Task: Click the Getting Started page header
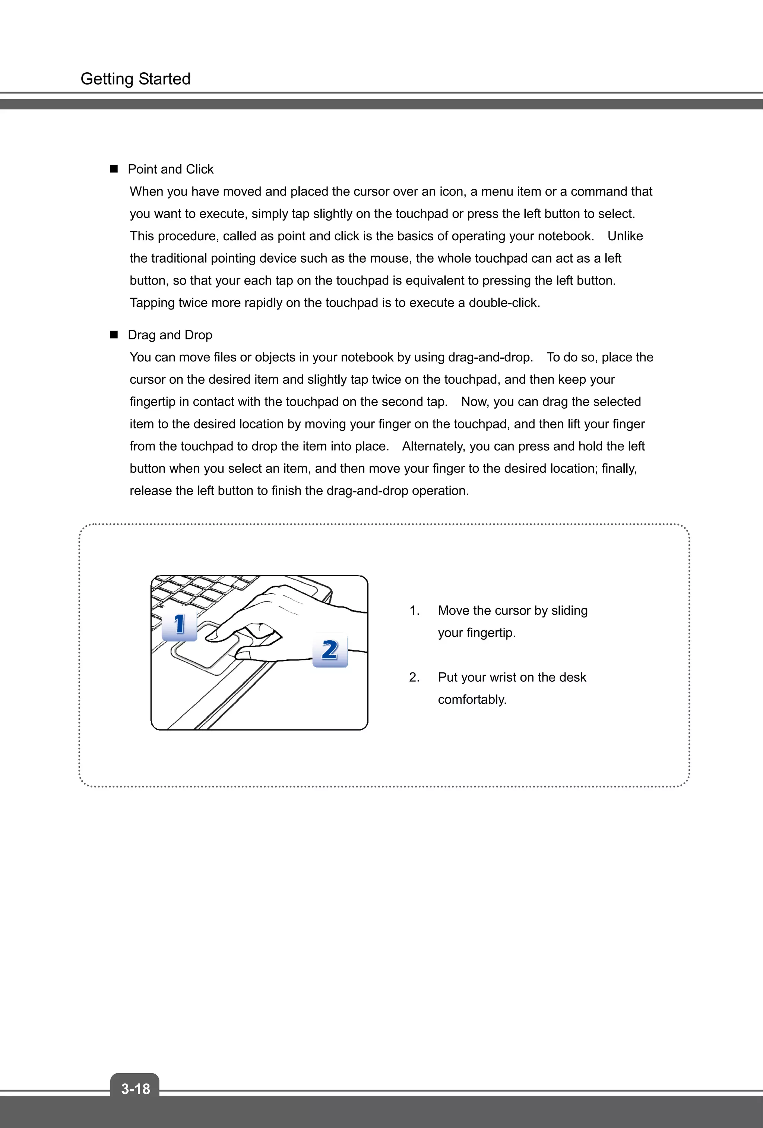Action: pyautogui.click(x=135, y=79)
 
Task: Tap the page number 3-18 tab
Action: pyautogui.click(x=135, y=1089)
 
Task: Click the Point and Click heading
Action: pyautogui.click(x=170, y=169)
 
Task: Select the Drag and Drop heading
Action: pyautogui.click(x=170, y=335)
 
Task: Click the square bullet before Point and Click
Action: pyautogui.click(x=114, y=169)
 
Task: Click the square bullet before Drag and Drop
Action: pyautogui.click(x=114, y=335)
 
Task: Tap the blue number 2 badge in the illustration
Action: pyautogui.click(x=330, y=650)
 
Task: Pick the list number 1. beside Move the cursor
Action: pyautogui.click(x=414, y=611)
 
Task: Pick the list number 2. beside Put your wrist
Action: pyautogui.click(x=414, y=677)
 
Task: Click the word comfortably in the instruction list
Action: pyautogui.click(x=472, y=700)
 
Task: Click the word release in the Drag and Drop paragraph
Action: pyautogui.click(x=151, y=491)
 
